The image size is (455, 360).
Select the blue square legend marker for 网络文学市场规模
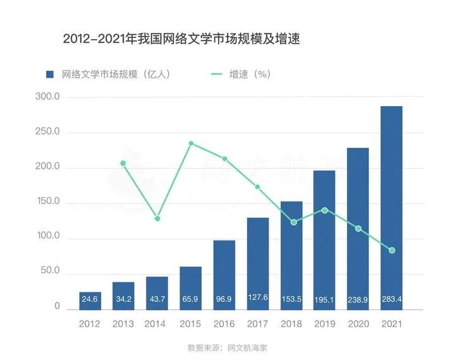(51, 75)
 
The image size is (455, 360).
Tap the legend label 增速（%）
(250, 75)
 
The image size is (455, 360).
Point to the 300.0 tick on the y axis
(47, 97)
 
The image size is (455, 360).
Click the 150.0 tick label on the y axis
(47, 202)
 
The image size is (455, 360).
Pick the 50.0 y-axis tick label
(49, 272)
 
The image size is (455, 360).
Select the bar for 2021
(391, 208)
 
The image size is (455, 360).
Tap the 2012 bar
(90, 301)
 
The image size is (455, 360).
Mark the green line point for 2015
(191, 144)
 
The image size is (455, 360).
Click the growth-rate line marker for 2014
(157, 219)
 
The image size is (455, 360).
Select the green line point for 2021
(392, 251)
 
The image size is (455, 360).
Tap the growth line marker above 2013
(123, 164)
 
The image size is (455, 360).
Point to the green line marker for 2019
(325, 210)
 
